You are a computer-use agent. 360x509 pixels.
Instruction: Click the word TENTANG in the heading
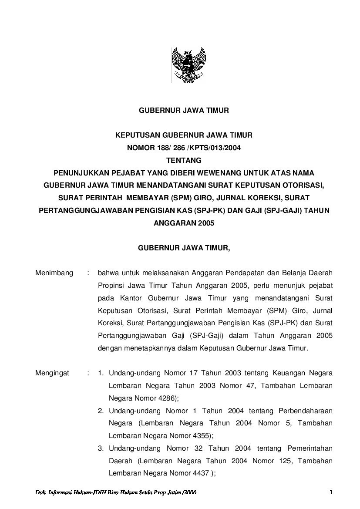coord(183,160)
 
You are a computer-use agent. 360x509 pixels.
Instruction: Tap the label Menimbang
coord(54,273)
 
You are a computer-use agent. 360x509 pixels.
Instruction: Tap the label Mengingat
coord(53,373)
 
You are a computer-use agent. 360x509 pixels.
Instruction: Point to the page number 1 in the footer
coord(331,492)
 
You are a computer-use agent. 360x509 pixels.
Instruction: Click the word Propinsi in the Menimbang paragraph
coord(112,286)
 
